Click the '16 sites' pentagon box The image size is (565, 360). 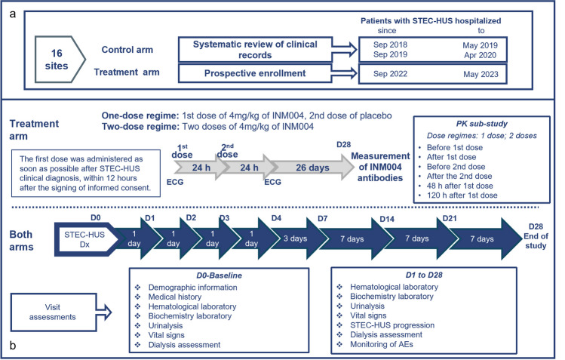[60, 60]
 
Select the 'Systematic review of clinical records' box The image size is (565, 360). [255, 49]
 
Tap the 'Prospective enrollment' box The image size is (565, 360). [255, 73]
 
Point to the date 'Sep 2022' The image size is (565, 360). [390, 74]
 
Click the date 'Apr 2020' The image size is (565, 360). [480, 55]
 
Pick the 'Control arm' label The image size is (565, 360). [127, 50]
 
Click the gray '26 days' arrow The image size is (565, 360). [314, 168]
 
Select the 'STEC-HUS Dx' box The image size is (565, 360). [84, 239]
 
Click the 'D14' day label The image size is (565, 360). [387, 219]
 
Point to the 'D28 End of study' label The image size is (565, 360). [536, 236]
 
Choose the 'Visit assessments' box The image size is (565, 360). [54, 312]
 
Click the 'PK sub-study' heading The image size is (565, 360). [482, 124]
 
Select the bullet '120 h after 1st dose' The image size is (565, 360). [462, 195]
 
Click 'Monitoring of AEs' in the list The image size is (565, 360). [382, 344]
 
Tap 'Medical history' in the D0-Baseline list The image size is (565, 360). [175, 297]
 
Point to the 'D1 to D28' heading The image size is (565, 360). [424, 275]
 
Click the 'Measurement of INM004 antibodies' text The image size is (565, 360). [380, 167]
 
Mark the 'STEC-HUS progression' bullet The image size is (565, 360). [392, 325]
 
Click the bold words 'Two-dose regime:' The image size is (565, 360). [140, 127]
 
